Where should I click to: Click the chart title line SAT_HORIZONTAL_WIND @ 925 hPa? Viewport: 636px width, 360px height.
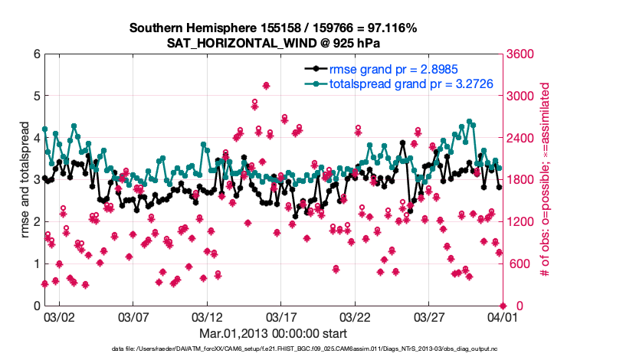273,43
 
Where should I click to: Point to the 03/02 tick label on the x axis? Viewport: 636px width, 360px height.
59,316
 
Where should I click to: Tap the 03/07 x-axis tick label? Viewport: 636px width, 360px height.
133,316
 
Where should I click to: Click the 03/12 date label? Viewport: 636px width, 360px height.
207,316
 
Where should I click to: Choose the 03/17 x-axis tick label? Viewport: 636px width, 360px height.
281,316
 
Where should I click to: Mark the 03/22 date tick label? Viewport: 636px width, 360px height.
355,316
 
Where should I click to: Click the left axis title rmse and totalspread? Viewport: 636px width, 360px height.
25,180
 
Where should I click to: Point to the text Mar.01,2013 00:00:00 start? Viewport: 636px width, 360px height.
274,333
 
